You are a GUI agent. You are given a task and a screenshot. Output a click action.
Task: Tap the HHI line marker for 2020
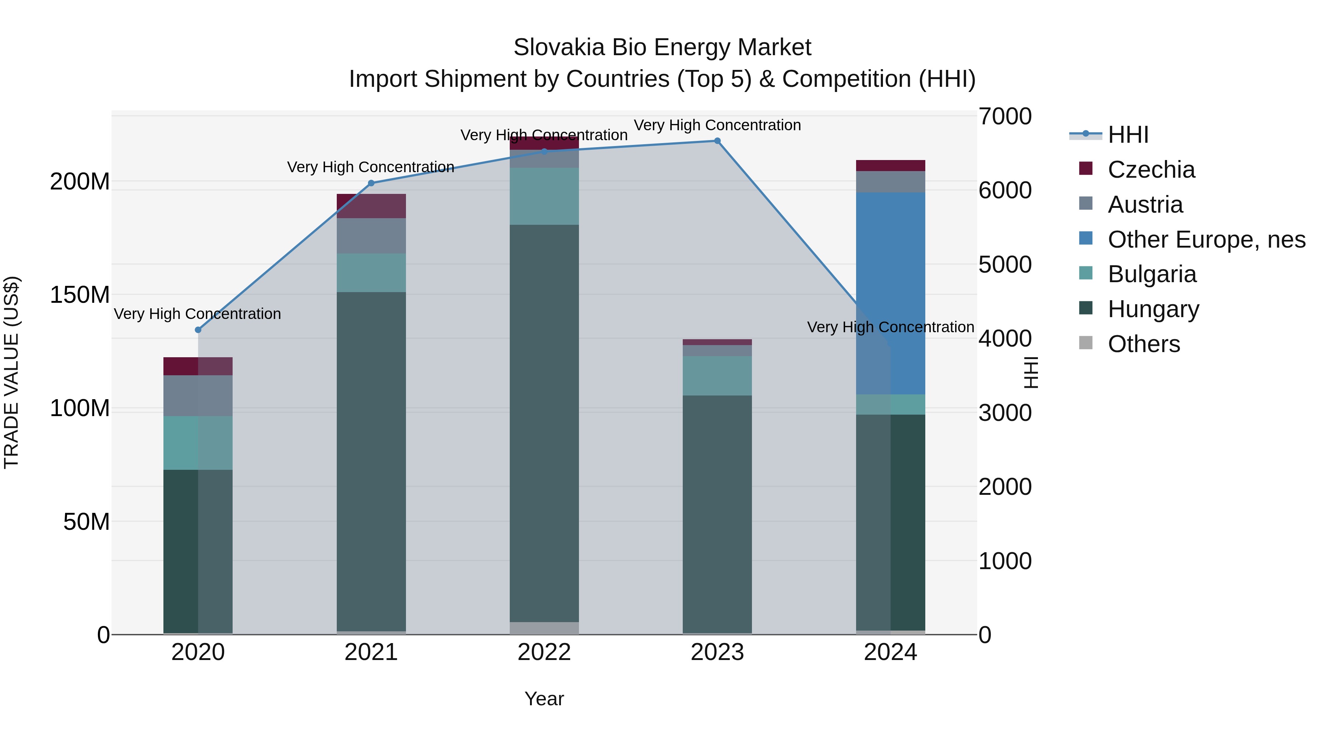[x=198, y=330]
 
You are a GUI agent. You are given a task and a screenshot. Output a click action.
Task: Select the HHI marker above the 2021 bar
[x=371, y=183]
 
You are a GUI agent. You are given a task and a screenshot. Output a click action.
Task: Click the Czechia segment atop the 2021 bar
[x=371, y=206]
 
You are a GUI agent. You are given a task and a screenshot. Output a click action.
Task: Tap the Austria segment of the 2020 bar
[x=198, y=395]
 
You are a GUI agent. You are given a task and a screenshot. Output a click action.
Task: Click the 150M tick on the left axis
[x=80, y=295]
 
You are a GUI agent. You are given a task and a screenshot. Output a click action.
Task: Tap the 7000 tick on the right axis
[x=1004, y=117]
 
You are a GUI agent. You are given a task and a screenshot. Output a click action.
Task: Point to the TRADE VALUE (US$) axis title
[x=11, y=372]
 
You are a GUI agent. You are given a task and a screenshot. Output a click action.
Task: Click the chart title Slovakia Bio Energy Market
[x=662, y=47]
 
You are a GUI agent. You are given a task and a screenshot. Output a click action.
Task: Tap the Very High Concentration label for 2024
[x=890, y=327]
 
